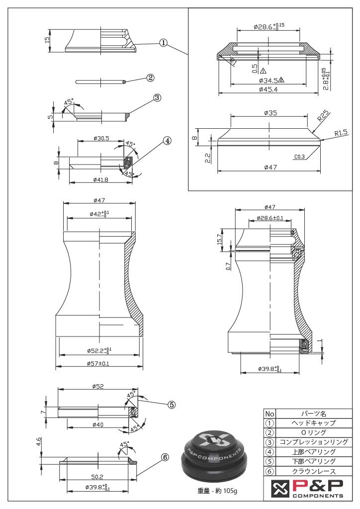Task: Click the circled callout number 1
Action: pyautogui.click(x=163, y=42)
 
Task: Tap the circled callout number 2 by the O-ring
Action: pyautogui.click(x=150, y=78)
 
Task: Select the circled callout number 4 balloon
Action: pyautogui.click(x=167, y=141)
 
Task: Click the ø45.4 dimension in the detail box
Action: pyautogui.click(x=268, y=89)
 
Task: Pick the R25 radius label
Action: pyautogui.click(x=324, y=117)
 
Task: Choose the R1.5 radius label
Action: pyautogui.click(x=341, y=133)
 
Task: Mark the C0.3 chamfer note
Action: pyautogui.click(x=299, y=157)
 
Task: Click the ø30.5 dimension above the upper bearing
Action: pyautogui.click(x=101, y=138)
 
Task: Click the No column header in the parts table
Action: pyautogui.click(x=270, y=414)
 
